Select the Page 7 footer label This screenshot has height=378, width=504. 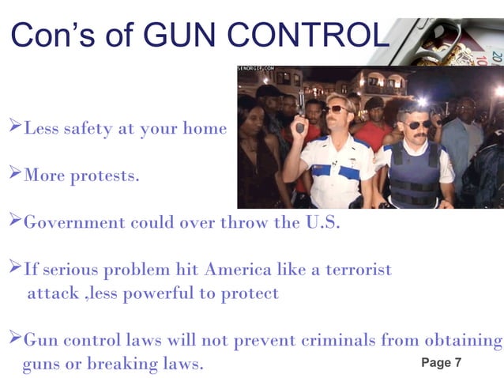tap(442, 362)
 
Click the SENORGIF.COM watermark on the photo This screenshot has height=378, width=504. tap(256, 70)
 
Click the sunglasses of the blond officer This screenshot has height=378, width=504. tap(335, 108)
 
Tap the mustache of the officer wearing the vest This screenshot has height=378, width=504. tap(418, 135)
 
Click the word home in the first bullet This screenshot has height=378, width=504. tap(206, 128)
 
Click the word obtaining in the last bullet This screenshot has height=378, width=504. tap(458, 341)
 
